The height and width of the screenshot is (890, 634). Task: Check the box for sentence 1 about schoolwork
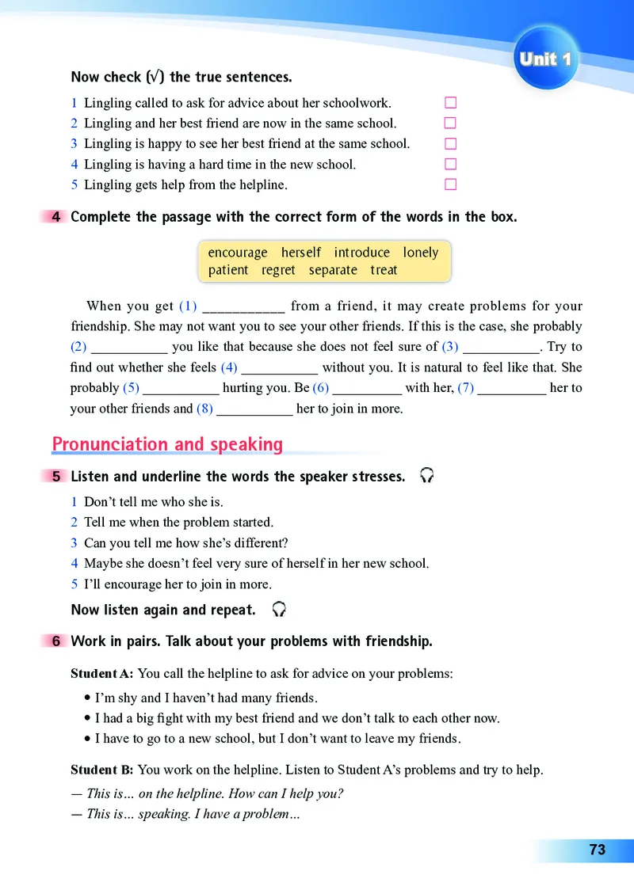[x=451, y=103]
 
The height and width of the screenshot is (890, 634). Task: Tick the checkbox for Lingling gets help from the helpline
[x=451, y=185]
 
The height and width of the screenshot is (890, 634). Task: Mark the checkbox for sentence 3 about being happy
[x=451, y=144]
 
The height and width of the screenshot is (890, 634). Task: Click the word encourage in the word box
[x=238, y=253]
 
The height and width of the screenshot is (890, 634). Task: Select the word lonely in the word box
[x=420, y=253]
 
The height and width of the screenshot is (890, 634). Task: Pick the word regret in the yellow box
[x=278, y=270]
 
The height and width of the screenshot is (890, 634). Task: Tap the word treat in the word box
[x=384, y=270]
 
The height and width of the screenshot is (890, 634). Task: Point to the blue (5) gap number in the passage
[x=131, y=388]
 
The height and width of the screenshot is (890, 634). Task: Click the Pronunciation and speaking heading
[x=167, y=444]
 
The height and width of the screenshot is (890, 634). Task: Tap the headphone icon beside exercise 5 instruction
[x=427, y=476]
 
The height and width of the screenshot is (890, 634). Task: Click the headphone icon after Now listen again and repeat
[x=278, y=610]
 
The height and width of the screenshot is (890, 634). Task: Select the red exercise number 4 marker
[x=55, y=217]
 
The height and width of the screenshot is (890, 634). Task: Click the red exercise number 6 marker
[x=55, y=641]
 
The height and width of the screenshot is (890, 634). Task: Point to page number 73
[x=597, y=850]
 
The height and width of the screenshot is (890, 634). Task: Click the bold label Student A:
[x=102, y=674]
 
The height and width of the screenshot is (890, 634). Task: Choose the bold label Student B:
[x=102, y=770]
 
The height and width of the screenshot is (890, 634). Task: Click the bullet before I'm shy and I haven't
[x=86, y=698]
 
